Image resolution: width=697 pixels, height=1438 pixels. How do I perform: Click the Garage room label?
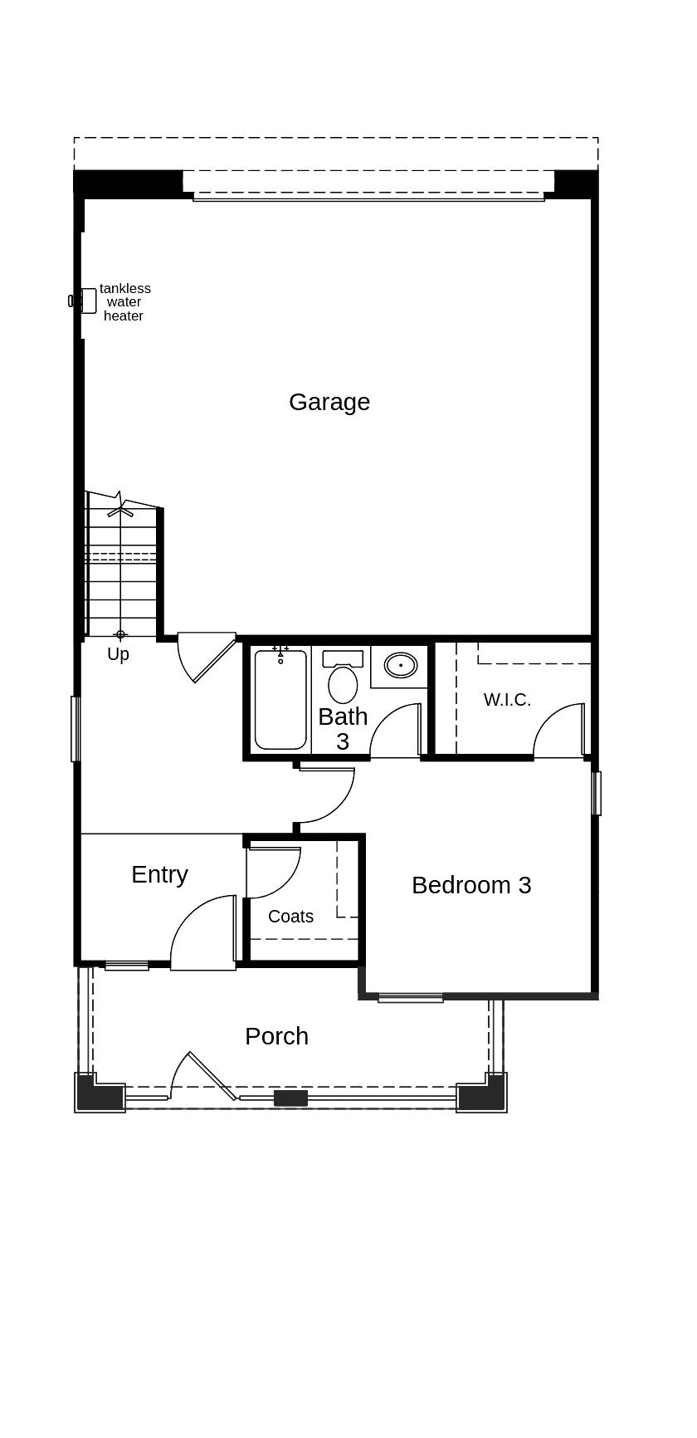(x=329, y=402)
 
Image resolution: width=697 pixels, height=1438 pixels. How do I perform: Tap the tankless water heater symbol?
(x=86, y=301)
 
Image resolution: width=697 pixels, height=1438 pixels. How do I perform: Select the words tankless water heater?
(x=125, y=302)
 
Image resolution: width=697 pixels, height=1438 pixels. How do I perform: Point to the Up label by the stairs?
(x=118, y=654)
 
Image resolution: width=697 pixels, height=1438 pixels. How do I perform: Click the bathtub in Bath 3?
(x=280, y=700)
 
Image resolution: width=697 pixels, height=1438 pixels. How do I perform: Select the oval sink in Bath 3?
(x=401, y=665)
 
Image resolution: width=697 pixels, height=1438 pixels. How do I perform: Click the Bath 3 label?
(x=343, y=728)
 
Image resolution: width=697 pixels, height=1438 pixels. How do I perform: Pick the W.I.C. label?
(x=507, y=700)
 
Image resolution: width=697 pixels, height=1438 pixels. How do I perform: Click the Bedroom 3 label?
(x=471, y=885)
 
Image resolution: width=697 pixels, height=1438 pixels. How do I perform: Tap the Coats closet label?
(x=290, y=917)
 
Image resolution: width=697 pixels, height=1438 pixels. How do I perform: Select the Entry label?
(x=159, y=874)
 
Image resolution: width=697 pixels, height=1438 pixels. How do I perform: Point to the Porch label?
(x=276, y=1036)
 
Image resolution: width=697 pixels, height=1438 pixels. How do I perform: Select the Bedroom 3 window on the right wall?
(x=596, y=793)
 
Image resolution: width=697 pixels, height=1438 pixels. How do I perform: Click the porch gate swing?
(x=203, y=1075)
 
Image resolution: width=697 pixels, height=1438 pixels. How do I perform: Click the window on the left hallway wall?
(x=76, y=728)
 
